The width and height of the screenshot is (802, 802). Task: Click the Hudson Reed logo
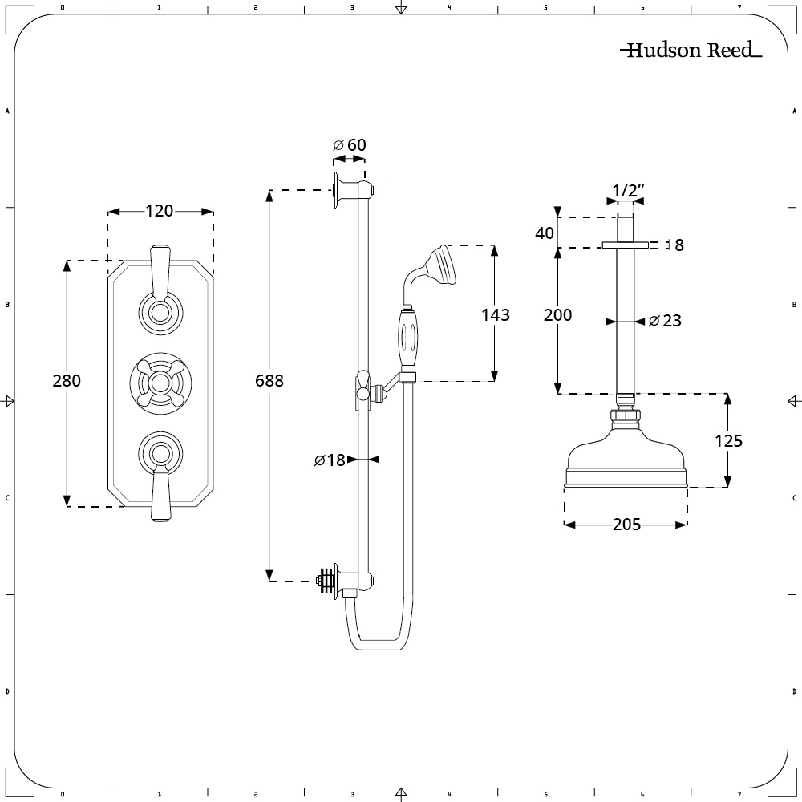tap(691, 50)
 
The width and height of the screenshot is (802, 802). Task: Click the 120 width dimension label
tap(159, 211)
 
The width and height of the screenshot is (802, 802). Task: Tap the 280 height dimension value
tap(67, 380)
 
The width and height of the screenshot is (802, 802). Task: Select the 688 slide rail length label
tap(269, 380)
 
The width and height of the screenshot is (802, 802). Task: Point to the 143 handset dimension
tap(495, 314)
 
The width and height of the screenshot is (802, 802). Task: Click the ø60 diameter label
tap(350, 144)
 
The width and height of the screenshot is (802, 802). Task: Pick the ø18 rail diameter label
tap(330, 460)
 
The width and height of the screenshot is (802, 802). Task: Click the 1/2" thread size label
tap(628, 191)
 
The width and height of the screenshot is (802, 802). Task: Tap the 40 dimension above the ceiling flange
tap(545, 233)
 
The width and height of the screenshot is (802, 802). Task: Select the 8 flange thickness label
tap(679, 245)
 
